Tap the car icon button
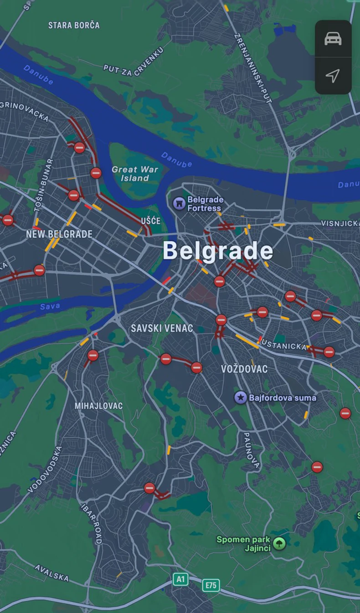(x=333, y=39)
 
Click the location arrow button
(x=333, y=76)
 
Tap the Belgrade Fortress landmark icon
(x=179, y=203)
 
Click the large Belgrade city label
(x=218, y=251)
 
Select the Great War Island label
(x=135, y=174)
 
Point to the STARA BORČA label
(x=74, y=25)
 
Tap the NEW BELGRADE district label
(x=59, y=234)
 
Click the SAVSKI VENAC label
(x=162, y=328)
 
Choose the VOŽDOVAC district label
(x=244, y=369)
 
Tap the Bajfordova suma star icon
(x=241, y=398)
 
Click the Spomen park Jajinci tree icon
(x=279, y=543)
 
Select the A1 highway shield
(x=180, y=579)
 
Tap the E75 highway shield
(x=211, y=585)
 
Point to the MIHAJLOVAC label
(x=98, y=405)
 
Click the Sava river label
(x=50, y=306)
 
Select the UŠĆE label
(x=150, y=221)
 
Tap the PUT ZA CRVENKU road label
(x=133, y=61)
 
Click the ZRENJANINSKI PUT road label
(x=252, y=68)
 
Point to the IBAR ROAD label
(x=91, y=524)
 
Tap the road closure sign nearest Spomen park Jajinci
(x=317, y=467)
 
